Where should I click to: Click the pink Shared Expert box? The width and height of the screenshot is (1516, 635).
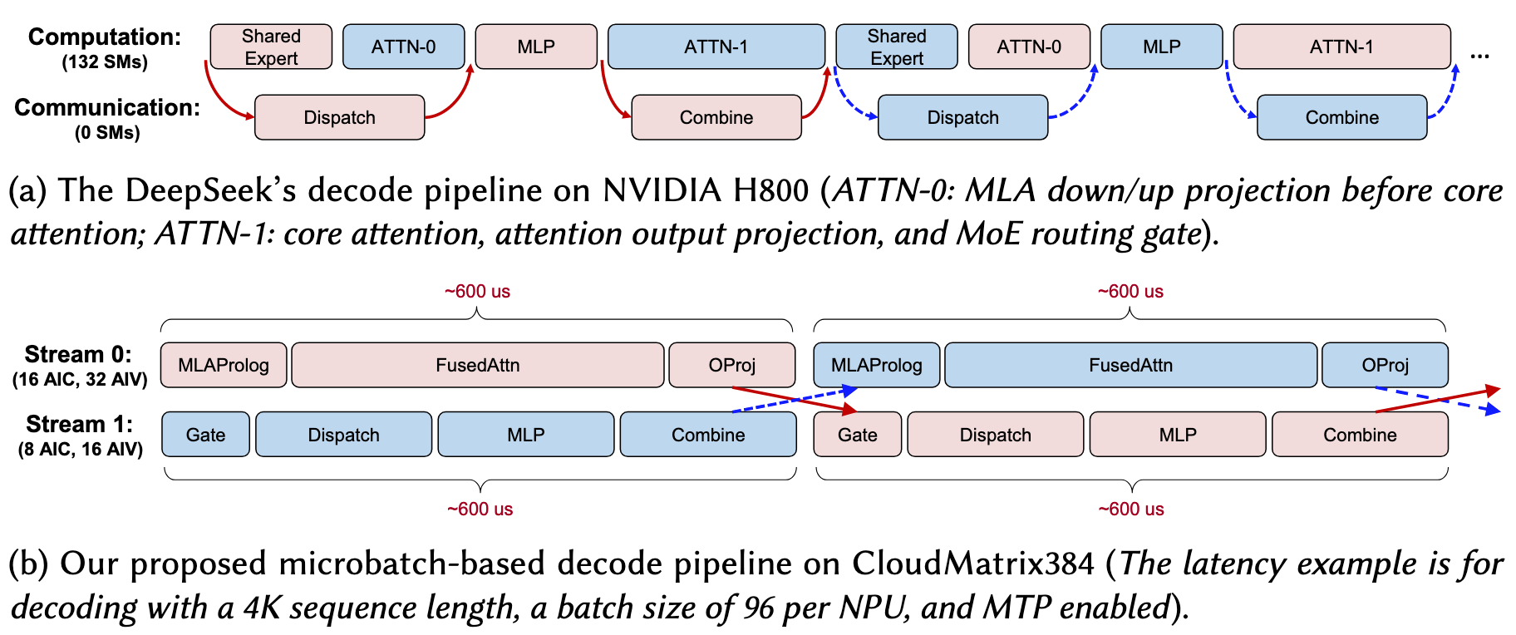tap(271, 47)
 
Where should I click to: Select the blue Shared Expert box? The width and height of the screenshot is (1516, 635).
tap(896, 47)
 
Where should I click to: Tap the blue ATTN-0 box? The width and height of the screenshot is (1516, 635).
tap(403, 47)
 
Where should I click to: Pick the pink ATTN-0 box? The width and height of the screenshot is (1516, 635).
tap(1029, 47)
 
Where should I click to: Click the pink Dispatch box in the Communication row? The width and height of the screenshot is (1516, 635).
tap(339, 117)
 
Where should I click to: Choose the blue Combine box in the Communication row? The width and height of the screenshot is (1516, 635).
tap(1341, 117)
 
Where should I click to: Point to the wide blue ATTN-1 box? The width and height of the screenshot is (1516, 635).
tap(716, 47)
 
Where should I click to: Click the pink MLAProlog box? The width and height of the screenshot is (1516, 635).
tap(224, 365)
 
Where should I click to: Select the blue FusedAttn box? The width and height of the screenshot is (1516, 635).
tap(1130, 365)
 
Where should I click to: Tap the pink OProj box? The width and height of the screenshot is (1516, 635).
tap(731, 365)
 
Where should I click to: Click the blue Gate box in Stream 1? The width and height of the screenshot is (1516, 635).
tap(205, 435)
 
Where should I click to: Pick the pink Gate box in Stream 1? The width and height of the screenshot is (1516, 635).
tap(857, 435)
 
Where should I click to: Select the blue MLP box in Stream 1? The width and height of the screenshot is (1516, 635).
tap(525, 435)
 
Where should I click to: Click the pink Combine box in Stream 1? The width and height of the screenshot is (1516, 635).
tap(1360, 435)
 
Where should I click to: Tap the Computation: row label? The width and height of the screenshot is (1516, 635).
tap(105, 37)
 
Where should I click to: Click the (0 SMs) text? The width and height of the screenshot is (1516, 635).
tap(107, 133)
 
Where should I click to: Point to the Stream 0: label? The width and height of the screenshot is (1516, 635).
tap(78, 354)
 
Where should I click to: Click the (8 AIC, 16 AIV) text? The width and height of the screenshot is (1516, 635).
tap(81, 450)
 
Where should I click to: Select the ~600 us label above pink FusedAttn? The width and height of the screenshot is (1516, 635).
tap(477, 292)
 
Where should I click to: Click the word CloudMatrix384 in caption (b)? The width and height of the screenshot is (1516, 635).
tap(972, 564)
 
